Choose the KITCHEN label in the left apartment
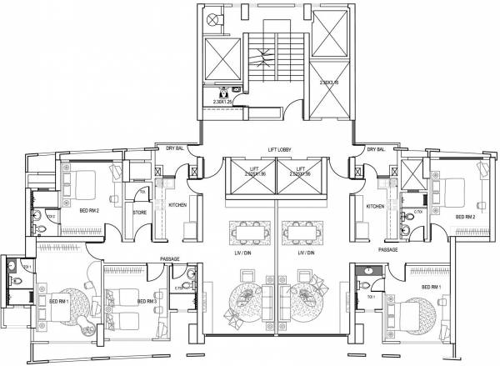(x=178, y=205)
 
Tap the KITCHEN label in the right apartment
(x=375, y=206)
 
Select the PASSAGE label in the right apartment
(x=387, y=249)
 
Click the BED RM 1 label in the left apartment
(x=58, y=301)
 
